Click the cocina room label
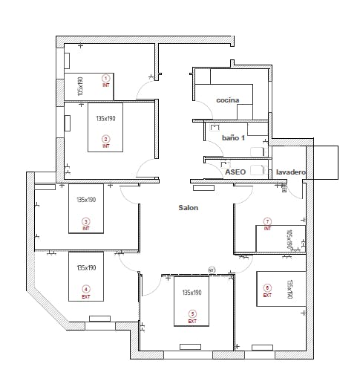click(x=227, y=100)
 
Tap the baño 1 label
click(x=233, y=138)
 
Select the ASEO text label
click(x=235, y=171)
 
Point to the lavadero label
click(x=290, y=172)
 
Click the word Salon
click(x=188, y=208)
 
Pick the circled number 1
click(x=105, y=78)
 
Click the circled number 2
click(x=105, y=139)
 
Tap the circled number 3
click(x=85, y=221)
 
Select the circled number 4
click(x=85, y=289)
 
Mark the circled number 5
click(x=192, y=313)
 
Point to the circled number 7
click(x=267, y=221)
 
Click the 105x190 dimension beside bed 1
click(x=80, y=86)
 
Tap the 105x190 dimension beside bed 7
click(x=290, y=240)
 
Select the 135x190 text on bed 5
click(x=192, y=293)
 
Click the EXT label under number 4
click(x=85, y=297)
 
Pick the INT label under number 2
click(x=105, y=146)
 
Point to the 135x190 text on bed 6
click(x=290, y=289)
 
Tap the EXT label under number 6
click(x=267, y=296)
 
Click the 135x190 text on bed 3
click(x=87, y=200)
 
